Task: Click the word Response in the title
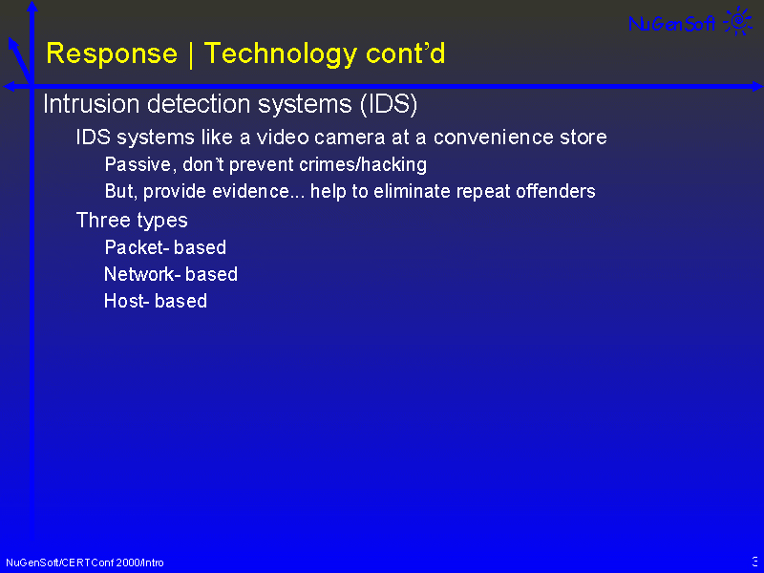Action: [112, 53]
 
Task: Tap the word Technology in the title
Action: [281, 54]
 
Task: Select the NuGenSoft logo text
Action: [672, 23]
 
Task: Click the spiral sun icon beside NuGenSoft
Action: [738, 21]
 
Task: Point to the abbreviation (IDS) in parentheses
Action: [389, 104]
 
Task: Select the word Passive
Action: [138, 164]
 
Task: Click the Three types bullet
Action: [132, 221]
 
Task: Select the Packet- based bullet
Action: [165, 247]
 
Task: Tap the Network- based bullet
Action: [171, 274]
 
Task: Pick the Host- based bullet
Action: [156, 301]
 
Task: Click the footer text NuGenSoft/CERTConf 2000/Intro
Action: [85, 562]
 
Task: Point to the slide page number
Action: [755, 562]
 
